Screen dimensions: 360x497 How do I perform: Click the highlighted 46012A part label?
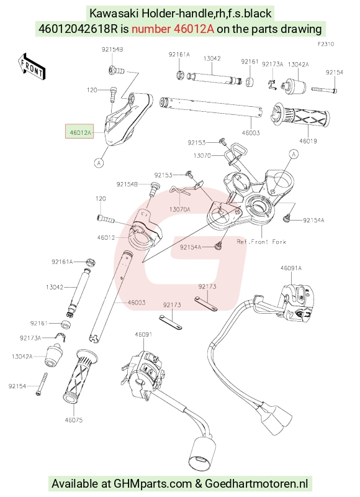[x=79, y=132]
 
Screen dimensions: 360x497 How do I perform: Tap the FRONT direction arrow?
[x=32, y=66]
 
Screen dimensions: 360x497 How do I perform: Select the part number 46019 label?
[x=308, y=141]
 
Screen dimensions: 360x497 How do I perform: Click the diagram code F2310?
[x=325, y=44]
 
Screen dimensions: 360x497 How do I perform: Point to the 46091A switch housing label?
[x=291, y=268]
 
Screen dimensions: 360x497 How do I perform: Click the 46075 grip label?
[x=74, y=420]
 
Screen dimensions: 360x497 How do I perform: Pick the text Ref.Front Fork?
[x=261, y=242]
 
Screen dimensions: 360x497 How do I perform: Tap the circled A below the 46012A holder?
[x=99, y=163]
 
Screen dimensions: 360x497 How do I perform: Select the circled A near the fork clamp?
[x=294, y=154]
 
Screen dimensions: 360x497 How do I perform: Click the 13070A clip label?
[x=179, y=209]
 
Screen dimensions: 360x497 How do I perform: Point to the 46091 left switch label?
[x=143, y=334]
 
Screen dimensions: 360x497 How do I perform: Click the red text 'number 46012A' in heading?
[x=173, y=29]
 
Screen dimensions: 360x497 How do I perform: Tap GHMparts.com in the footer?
[x=153, y=484]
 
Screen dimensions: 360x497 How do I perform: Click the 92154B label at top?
[x=112, y=50]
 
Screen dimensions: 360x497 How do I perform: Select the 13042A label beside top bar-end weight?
[x=299, y=65]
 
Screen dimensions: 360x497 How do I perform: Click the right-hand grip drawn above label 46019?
[x=300, y=116]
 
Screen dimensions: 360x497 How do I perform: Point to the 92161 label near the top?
[x=250, y=62]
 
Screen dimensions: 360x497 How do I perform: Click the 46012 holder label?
[x=106, y=237]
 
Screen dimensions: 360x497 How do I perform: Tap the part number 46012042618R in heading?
[x=78, y=29]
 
